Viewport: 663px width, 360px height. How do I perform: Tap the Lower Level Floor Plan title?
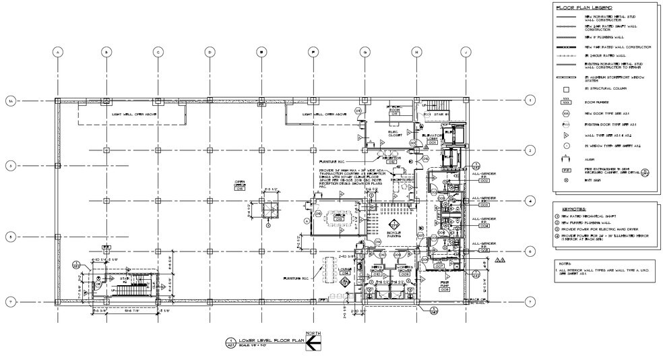[x=267, y=341]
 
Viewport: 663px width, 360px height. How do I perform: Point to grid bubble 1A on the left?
[x=10, y=100]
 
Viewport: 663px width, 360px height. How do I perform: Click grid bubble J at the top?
[x=465, y=52]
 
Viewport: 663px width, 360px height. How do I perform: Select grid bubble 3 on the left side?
[x=10, y=166]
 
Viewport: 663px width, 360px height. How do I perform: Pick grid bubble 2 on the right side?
[x=530, y=150]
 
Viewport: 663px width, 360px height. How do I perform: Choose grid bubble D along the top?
[x=210, y=52]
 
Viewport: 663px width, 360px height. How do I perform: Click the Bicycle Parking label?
[x=394, y=233]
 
